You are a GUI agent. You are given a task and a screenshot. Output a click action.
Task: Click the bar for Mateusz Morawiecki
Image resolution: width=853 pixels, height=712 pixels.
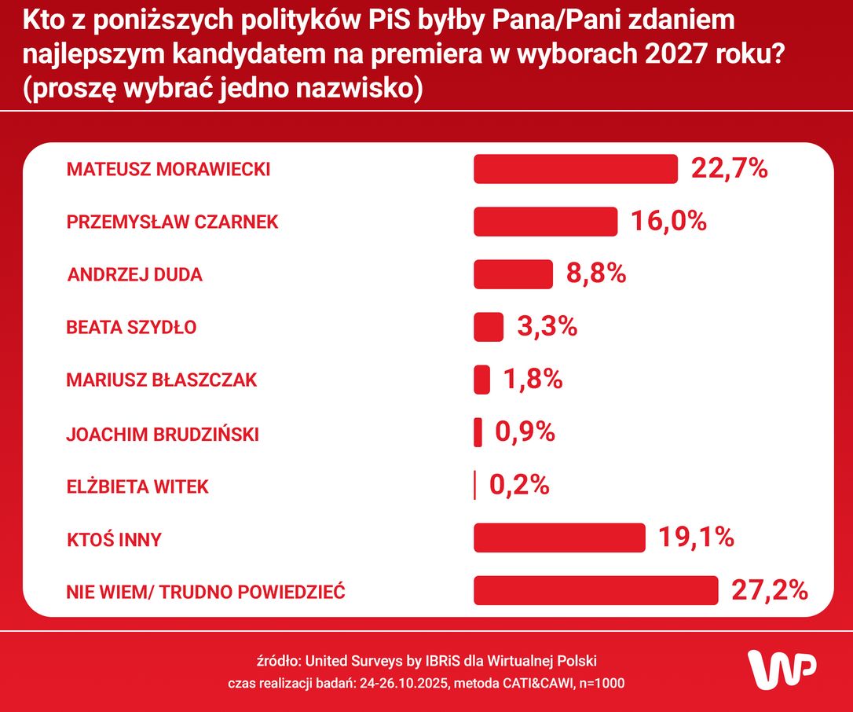[x=575, y=169]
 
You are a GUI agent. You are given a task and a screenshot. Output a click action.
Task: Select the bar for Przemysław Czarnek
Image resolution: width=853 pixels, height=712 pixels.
[x=545, y=222]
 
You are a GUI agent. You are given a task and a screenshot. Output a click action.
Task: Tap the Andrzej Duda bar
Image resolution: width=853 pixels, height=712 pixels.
[x=514, y=274]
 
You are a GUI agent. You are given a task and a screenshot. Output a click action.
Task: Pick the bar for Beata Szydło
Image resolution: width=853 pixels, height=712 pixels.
[x=489, y=327]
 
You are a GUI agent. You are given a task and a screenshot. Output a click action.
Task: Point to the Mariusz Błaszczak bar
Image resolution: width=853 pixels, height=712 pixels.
[x=482, y=380]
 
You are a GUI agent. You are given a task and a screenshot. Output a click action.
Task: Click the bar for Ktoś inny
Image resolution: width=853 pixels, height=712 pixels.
[x=559, y=538]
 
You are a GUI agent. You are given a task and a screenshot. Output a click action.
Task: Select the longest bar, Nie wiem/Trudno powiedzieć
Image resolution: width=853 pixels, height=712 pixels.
[x=595, y=591]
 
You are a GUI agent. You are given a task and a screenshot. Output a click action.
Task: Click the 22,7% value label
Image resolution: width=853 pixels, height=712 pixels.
[x=729, y=168]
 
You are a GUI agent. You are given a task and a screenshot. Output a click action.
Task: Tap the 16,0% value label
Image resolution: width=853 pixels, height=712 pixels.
[x=668, y=221]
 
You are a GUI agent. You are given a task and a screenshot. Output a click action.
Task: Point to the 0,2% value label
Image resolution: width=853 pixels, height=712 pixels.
[x=519, y=486]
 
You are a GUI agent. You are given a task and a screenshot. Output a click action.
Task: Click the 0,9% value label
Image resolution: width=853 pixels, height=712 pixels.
[x=525, y=432]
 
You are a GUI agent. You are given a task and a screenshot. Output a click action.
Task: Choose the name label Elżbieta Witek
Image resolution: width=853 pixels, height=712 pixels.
[x=137, y=486]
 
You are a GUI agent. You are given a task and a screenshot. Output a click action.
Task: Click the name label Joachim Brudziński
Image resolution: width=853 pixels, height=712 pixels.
[x=163, y=434]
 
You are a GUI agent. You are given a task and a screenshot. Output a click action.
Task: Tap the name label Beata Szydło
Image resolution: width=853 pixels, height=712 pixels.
[x=131, y=328]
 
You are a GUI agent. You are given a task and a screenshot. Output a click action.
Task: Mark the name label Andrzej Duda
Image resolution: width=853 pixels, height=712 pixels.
[x=135, y=275]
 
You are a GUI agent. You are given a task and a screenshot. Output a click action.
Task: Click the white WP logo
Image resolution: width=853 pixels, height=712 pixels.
[x=782, y=670]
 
